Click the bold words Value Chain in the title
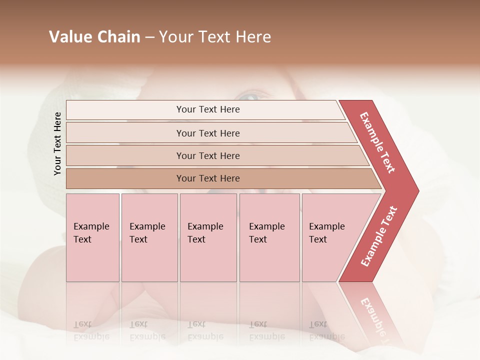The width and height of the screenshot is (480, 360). pyautogui.click(x=94, y=37)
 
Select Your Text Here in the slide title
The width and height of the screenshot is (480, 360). pyautogui.click(x=215, y=37)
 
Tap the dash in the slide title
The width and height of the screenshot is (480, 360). pyautogui.click(x=149, y=37)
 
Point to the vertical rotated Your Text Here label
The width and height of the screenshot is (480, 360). pyautogui.click(x=57, y=143)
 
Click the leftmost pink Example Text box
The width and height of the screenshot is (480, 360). pyautogui.click(x=92, y=237)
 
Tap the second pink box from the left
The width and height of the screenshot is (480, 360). pyautogui.click(x=149, y=237)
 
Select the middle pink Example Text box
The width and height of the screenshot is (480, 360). pyautogui.click(x=208, y=237)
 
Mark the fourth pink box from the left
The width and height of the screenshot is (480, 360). pyautogui.click(x=269, y=237)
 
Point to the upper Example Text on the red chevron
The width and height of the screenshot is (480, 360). pyautogui.click(x=377, y=142)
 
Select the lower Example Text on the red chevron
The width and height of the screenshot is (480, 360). pyautogui.click(x=379, y=236)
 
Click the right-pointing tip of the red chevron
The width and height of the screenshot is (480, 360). pyautogui.click(x=415, y=190)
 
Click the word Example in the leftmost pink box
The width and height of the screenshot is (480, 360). pyautogui.click(x=91, y=226)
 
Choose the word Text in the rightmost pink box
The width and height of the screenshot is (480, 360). pyautogui.click(x=318, y=239)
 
